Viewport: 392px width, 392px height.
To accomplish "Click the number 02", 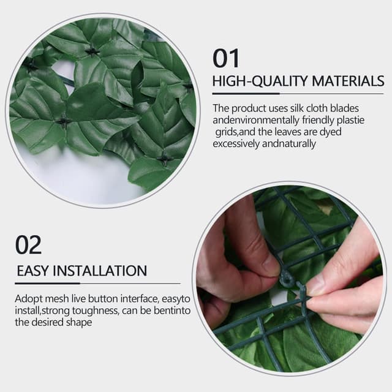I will tap(28, 245).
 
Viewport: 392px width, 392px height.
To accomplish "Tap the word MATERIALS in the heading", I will tap(347, 81).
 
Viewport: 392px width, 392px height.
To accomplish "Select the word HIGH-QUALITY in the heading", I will tap(260, 81).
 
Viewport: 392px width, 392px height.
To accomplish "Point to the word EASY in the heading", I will tap(32, 271).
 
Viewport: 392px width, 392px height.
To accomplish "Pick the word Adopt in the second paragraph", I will tap(28, 299).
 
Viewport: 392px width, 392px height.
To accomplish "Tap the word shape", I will tap(80, 322).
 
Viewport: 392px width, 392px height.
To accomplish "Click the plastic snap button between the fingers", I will tap(287, 279).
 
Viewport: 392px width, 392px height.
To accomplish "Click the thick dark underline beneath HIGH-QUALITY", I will tap(246, 94).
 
